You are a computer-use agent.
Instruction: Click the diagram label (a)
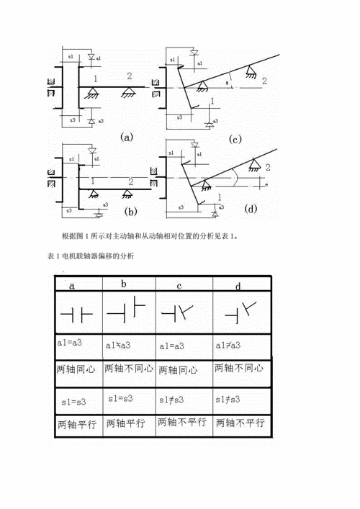(127, 135)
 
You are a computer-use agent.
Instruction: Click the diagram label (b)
(130, 211)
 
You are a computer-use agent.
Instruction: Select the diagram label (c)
(235, 139)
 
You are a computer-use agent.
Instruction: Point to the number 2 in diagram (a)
(129, 76)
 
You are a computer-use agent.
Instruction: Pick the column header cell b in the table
(124, 284)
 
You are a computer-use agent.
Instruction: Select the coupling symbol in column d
(240, 311)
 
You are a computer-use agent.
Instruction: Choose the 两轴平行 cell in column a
(76, 423)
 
